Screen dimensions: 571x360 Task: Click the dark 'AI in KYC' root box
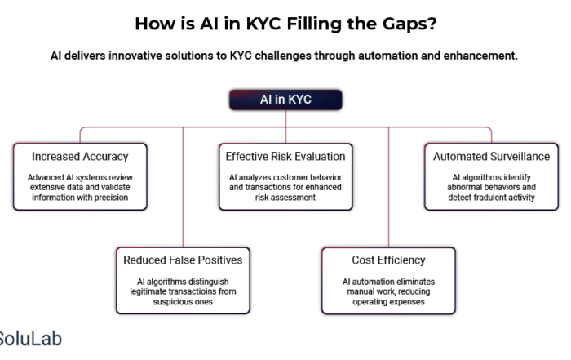point(285,100)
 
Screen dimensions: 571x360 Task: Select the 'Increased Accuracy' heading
point(80,156)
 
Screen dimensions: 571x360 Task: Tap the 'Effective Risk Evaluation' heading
point(285,156)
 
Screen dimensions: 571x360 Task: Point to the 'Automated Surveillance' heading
point(491,156)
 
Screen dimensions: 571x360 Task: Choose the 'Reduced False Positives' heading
point(183,260)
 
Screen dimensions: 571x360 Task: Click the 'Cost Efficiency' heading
point(388,260)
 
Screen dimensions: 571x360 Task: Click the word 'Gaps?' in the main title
point(409,24)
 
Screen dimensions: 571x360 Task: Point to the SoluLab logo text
point(30,339)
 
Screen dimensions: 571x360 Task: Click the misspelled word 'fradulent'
point(484,198)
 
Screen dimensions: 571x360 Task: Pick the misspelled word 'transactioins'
point(193,291)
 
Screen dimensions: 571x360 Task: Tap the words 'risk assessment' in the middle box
point(285,198)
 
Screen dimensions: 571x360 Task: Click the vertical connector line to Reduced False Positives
point(183,187)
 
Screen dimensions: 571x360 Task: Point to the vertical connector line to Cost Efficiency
point(388,187)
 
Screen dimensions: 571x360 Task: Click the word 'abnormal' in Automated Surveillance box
point(463,187)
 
